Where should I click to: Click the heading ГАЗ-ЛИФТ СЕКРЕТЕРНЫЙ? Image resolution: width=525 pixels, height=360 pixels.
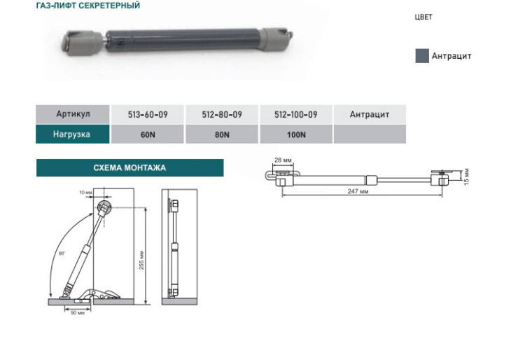tap(88, 6)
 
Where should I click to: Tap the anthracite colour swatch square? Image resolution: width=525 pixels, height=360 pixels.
tap(422, 55)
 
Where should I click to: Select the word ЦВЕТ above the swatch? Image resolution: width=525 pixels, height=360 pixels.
tap(423, 17)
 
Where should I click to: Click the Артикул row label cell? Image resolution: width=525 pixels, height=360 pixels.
tap(73, 114)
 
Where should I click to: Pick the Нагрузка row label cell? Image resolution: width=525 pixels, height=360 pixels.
tap(73, 134)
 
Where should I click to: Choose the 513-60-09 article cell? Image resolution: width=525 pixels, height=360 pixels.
tap(148, 115)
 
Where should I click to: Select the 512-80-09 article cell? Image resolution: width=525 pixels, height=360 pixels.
tap(222, 115)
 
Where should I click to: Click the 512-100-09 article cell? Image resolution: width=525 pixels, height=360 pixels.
tap(296, 115)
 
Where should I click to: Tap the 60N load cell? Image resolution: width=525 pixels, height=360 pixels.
tap(148, 134)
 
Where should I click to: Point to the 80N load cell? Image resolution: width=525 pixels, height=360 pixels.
tap(222, 134)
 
